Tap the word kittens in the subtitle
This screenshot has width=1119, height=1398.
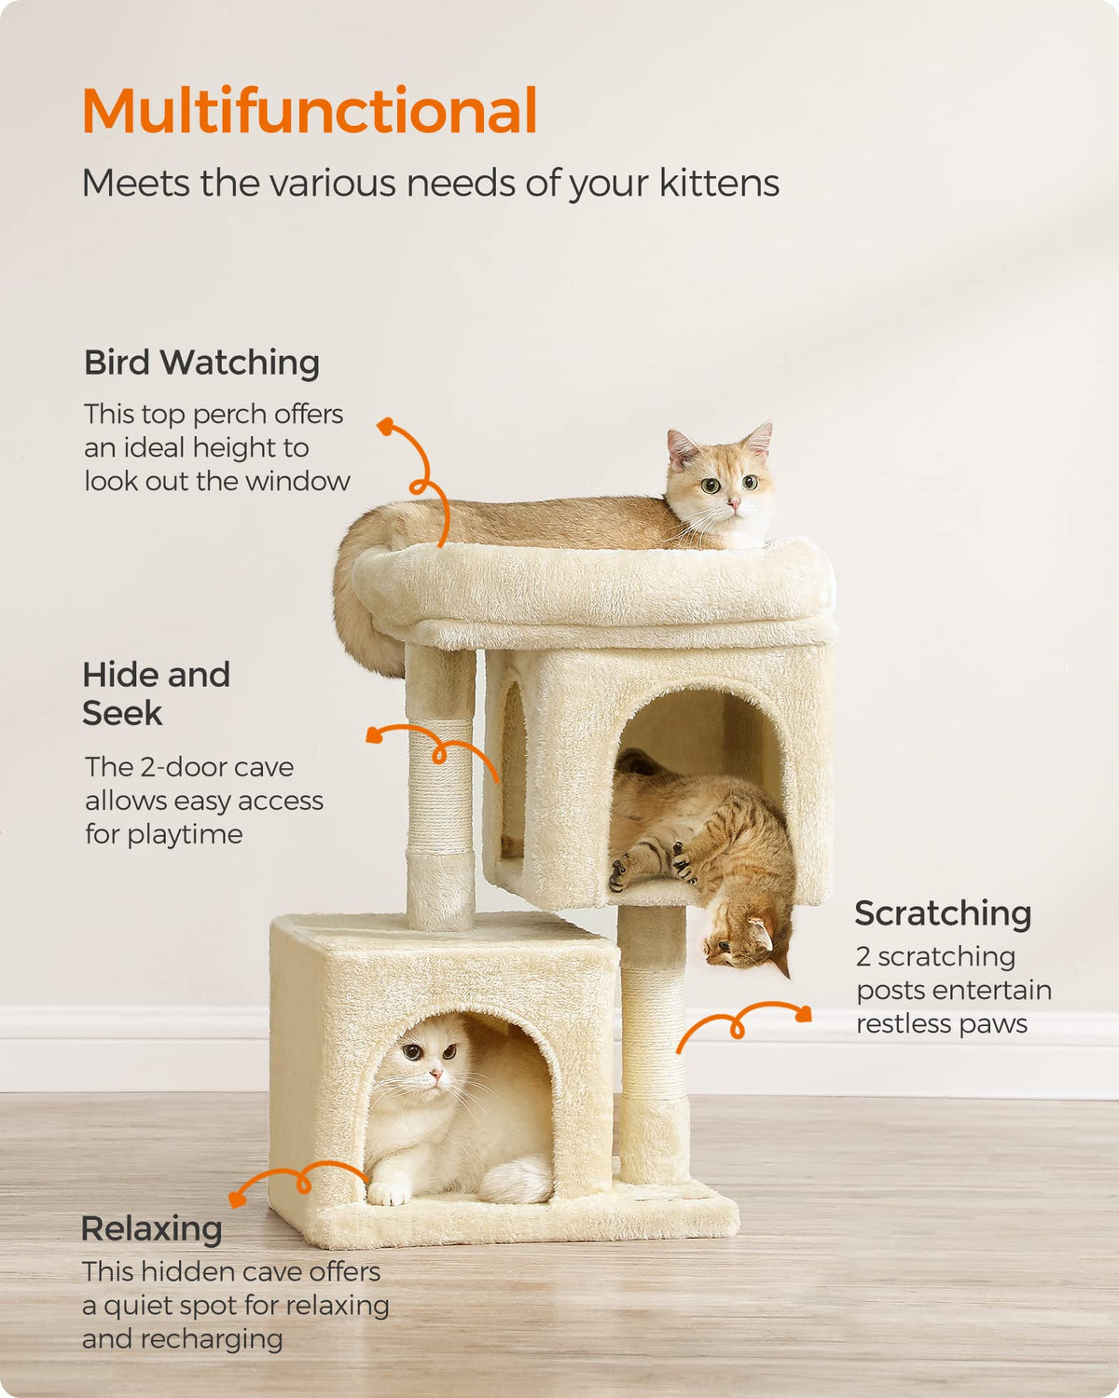tap(719, 183)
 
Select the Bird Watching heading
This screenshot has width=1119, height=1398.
tap(201, 362)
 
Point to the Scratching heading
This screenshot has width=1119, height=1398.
tap(943, 914)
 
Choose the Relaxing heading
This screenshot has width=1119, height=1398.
tap(151, 1228)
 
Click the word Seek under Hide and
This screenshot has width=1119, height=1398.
tap(122, 713)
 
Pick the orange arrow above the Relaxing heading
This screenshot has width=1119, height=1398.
tap(300, 1180)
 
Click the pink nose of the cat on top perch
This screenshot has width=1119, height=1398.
tap(734, 502)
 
